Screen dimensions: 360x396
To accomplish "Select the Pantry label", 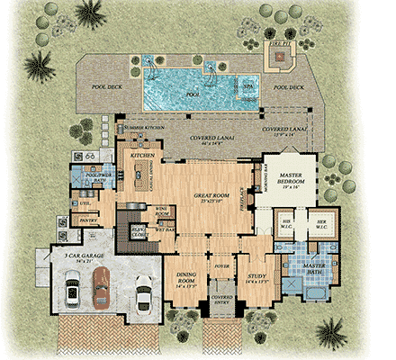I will pyautogui.click(x=89, y=219).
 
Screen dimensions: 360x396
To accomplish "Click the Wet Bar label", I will pyautogui.click(x=164, y=229).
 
